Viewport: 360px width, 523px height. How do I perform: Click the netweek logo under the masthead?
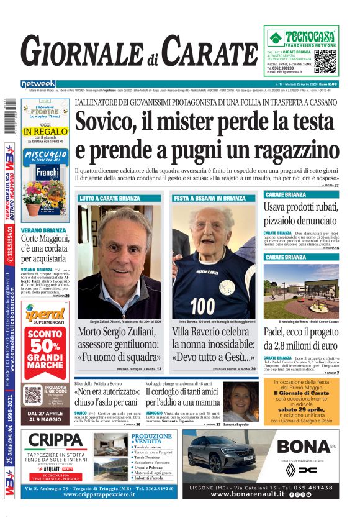coord(38,84)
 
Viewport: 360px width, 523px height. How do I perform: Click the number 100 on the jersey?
coord(202,306)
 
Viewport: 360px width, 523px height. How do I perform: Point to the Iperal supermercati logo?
coord(44,316)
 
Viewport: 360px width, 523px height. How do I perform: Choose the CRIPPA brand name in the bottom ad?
coord(56,441)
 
